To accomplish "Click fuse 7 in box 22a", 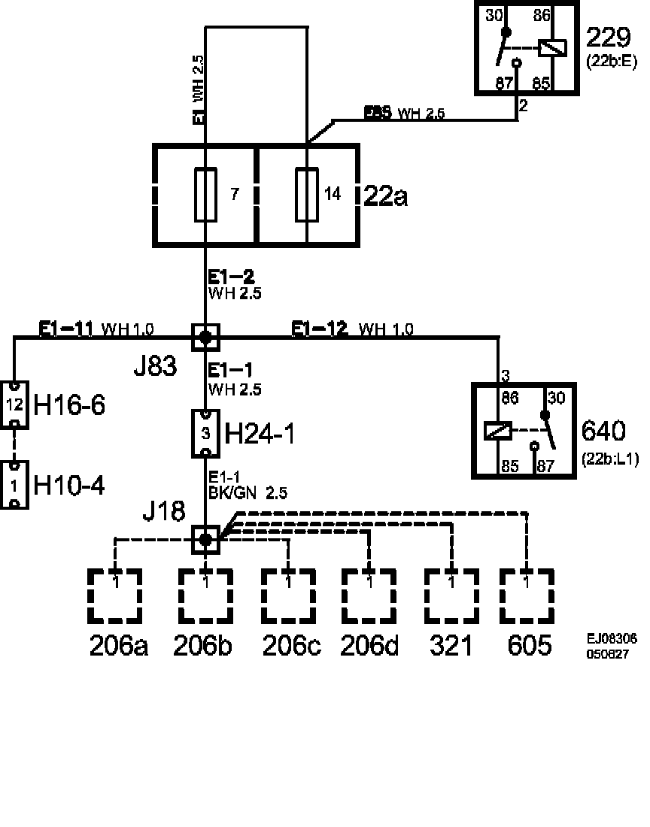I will (x=205, y=195).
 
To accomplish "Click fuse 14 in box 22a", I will (x=307, y=195).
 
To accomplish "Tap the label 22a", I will (x=385, y=196).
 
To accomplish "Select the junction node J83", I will (x=205, y=337).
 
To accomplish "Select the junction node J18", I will (x=205, y=538).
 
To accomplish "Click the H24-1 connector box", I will (x=205, y=433).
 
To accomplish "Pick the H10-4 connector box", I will (x=14, y=485).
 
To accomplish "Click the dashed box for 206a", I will (x=115, y=595).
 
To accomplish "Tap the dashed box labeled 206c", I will (x=288, y=595).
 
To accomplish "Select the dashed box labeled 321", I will (x=451, y=595).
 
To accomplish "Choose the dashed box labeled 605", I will (x=527, y=595).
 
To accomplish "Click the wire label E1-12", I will (x=320, y=329).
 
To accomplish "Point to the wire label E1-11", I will (x=66, y=329).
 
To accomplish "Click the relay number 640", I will (x=603, y=432).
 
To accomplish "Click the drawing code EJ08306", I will (x=612, y=639).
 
